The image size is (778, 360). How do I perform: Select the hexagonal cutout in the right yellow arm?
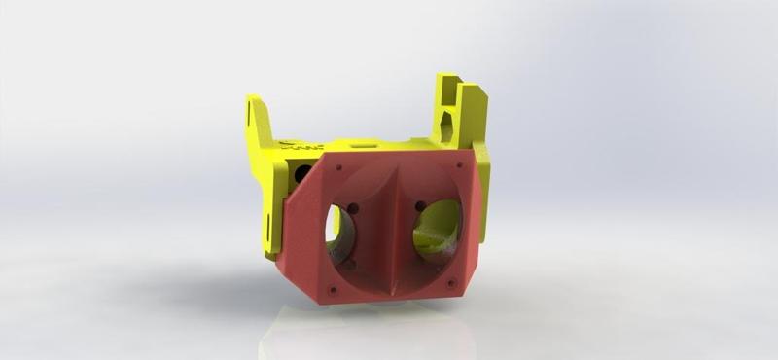tap(445, 123)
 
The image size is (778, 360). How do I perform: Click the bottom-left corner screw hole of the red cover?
tap(332, 288)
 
